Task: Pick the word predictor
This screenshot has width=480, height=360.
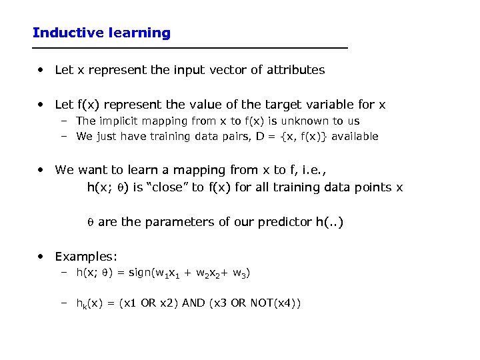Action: click(x=281, y=222)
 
